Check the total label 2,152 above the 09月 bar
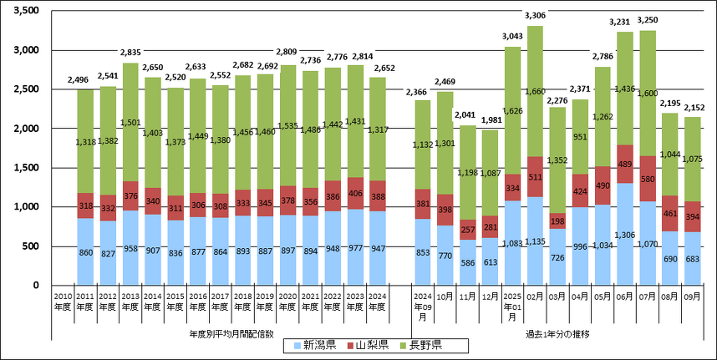693,107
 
